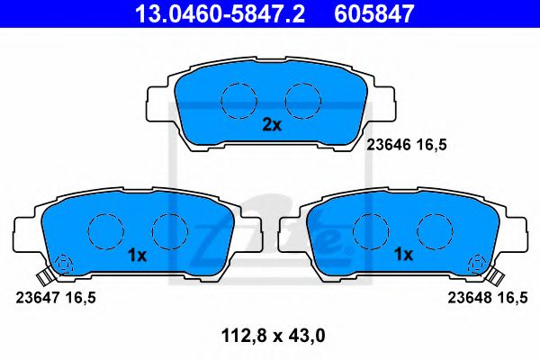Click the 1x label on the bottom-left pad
[137, 255]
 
